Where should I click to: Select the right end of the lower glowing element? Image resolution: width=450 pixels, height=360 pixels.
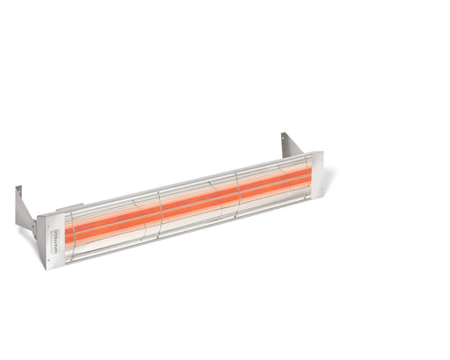[309, 184]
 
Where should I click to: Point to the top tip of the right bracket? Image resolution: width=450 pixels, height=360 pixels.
[283, 133]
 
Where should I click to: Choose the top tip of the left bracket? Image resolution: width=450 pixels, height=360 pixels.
[18, 187]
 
